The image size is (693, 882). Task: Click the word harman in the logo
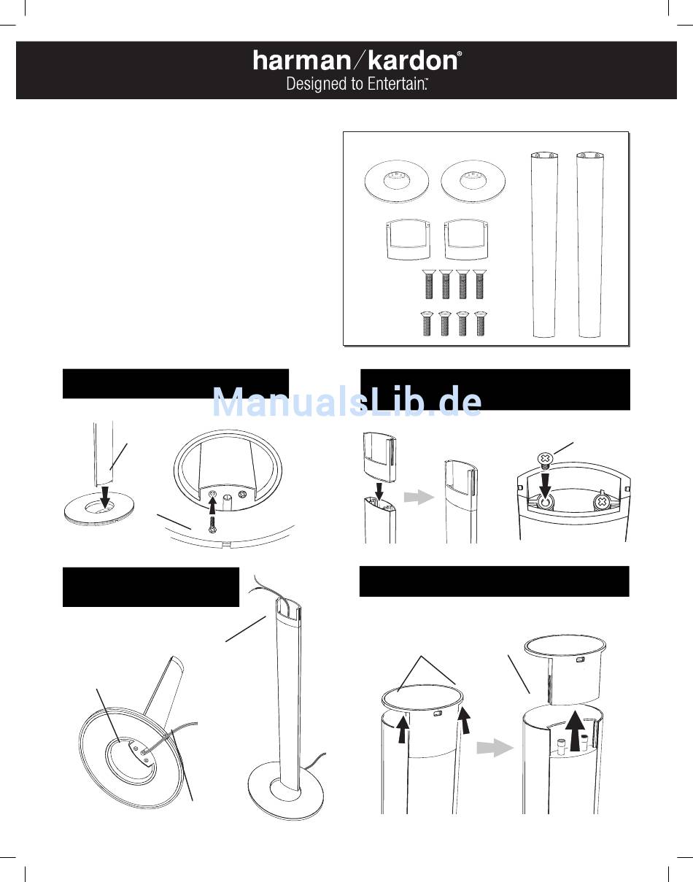pyautogui.click(x=302, y=61)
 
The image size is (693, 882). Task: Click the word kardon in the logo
pyautogui.click(x=413, y=61)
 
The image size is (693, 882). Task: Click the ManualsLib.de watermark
pyautogui.click(x=347, y=401)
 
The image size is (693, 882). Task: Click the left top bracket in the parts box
pyautogui.click(x=408, y=239)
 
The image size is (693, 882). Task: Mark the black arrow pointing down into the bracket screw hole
pyautogui.click(x=545, y=485)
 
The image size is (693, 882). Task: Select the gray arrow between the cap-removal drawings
pyautogui.click(x=494, y=748)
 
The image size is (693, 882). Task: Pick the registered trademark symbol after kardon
pyautogui.click(x=460, y=53)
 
